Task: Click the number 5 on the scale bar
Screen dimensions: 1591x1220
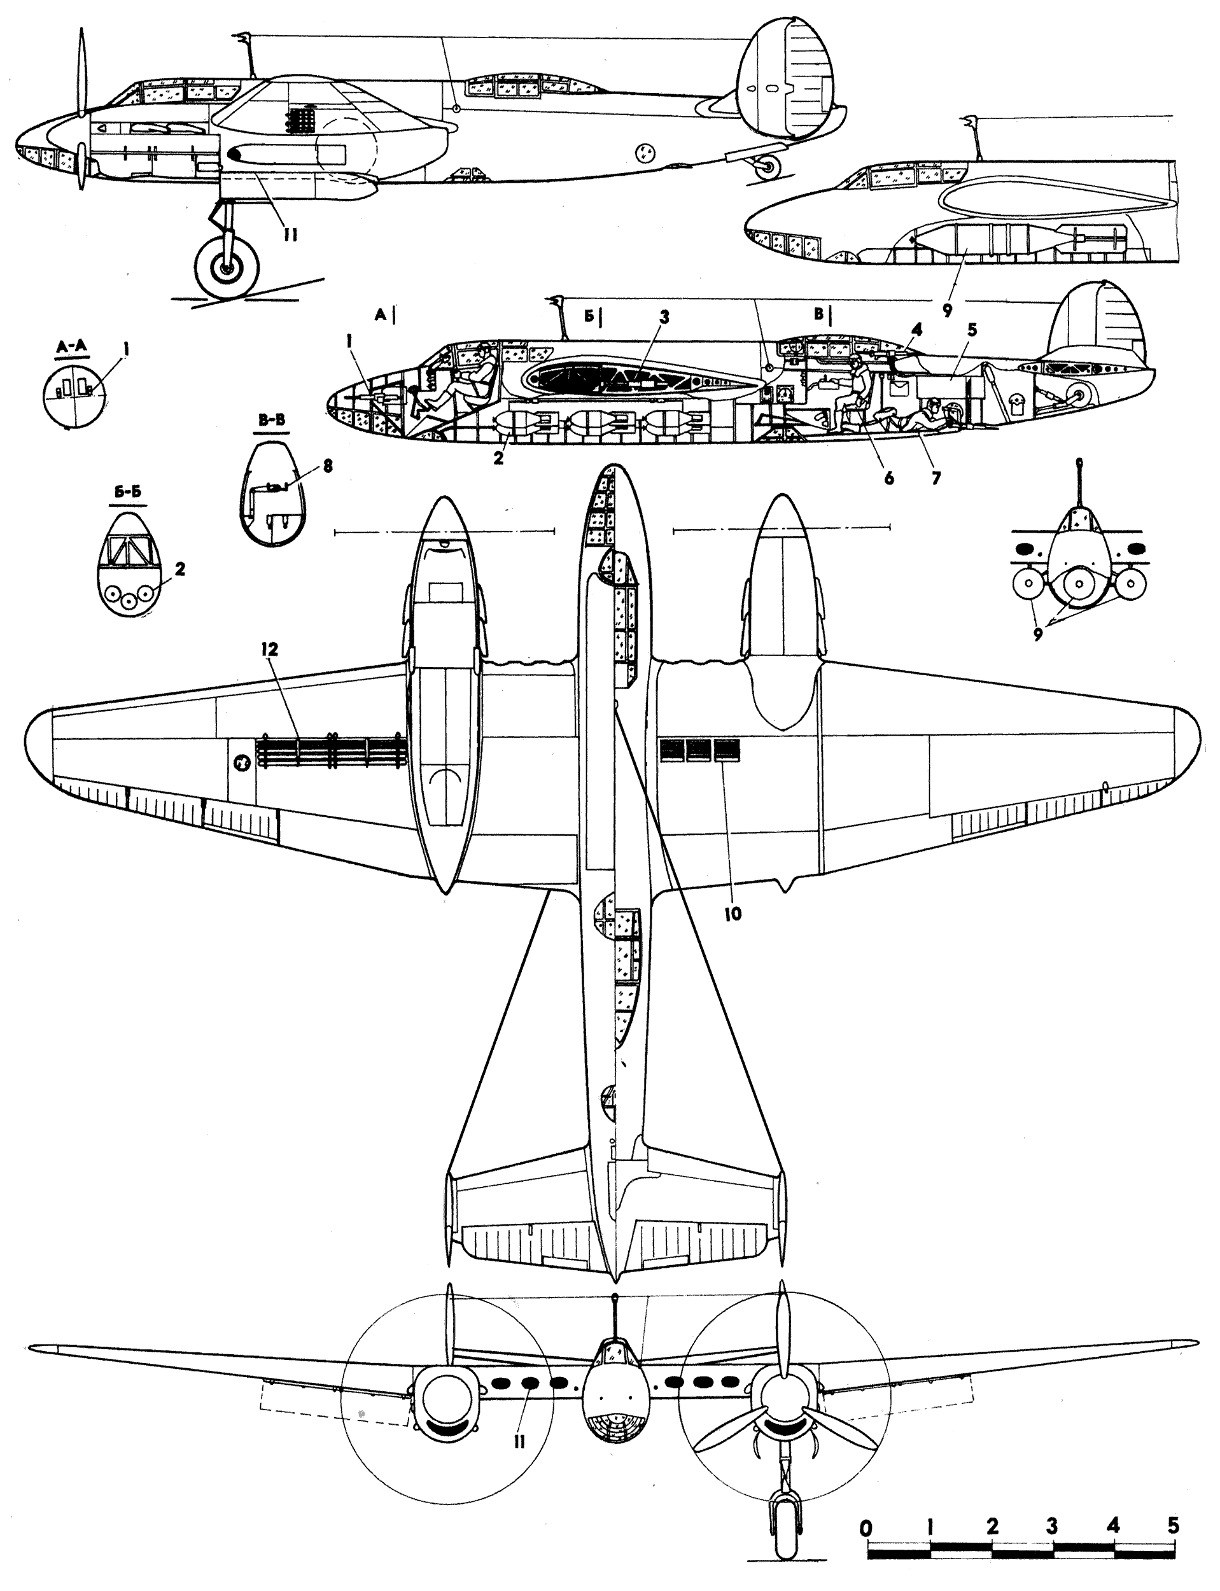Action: coord(1174,1525)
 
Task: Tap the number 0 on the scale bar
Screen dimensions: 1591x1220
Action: coord(865,1525)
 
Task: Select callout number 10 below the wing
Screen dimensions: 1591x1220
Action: coord(733,915)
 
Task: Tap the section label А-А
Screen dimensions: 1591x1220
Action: coord(71,346)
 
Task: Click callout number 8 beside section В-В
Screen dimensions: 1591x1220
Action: coord(328,465)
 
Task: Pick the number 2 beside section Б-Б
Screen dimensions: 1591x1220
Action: coord(179,568)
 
